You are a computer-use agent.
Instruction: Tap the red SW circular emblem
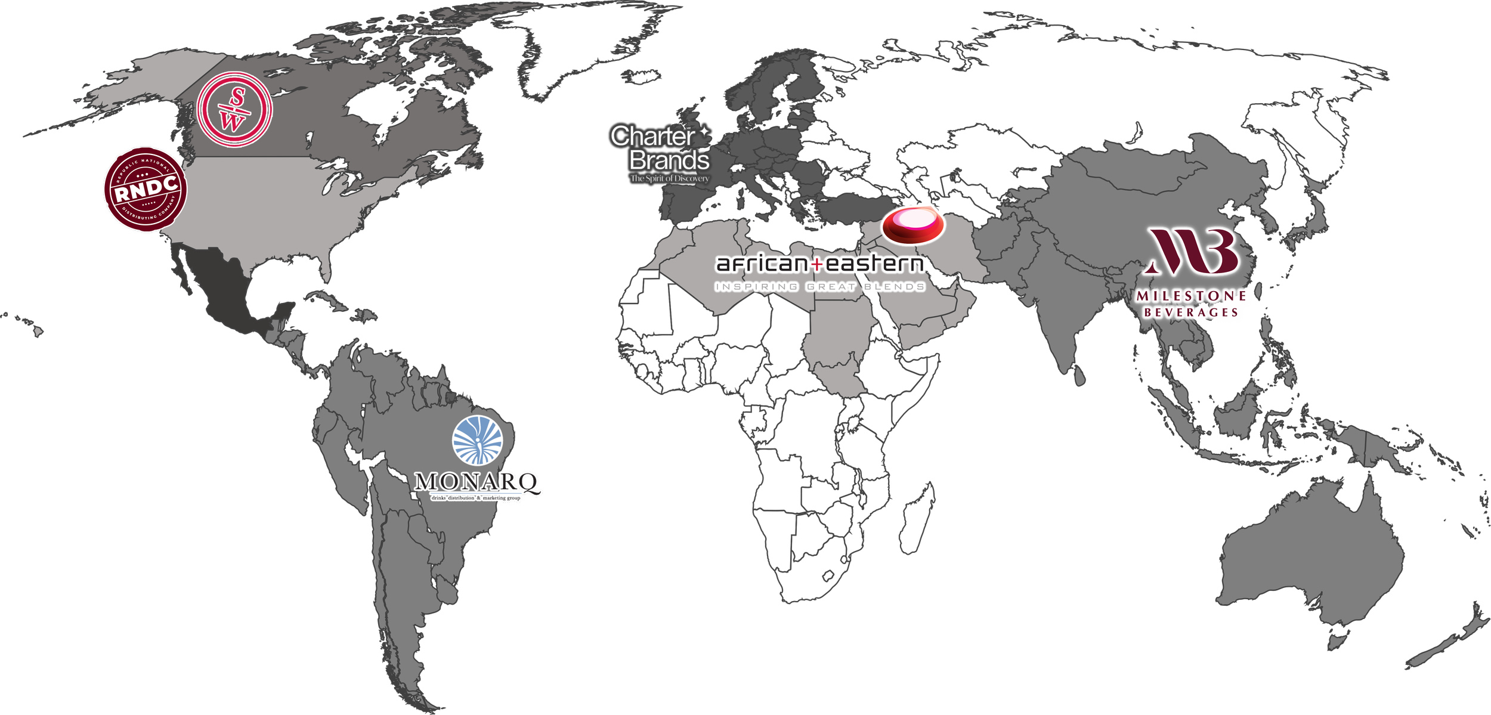(x=234, y=110)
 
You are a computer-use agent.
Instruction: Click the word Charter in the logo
(x=652, y=137)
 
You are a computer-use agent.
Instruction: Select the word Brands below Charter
(x=669, y=160)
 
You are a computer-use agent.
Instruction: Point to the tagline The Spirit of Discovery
(x=670, y=178)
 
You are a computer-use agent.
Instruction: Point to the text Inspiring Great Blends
(x=819, y=287)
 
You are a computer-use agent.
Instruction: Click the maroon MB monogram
(x=1193, y=252)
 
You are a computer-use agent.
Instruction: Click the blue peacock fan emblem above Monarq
(x=477, y=440)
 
